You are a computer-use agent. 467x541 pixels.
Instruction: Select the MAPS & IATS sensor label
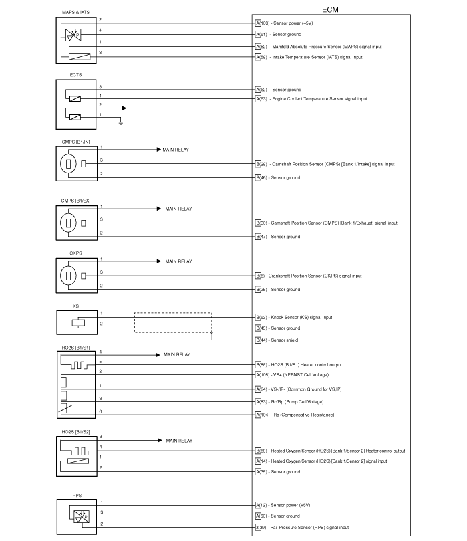point(71,12)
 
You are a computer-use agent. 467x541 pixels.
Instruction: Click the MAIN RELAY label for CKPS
point(178,261)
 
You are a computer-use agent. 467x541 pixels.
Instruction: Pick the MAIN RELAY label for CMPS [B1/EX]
point(178,209)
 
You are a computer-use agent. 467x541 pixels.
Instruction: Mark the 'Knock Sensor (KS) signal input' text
point(301,317)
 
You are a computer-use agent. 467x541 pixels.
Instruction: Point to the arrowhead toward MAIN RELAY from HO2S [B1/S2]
point(158,441)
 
